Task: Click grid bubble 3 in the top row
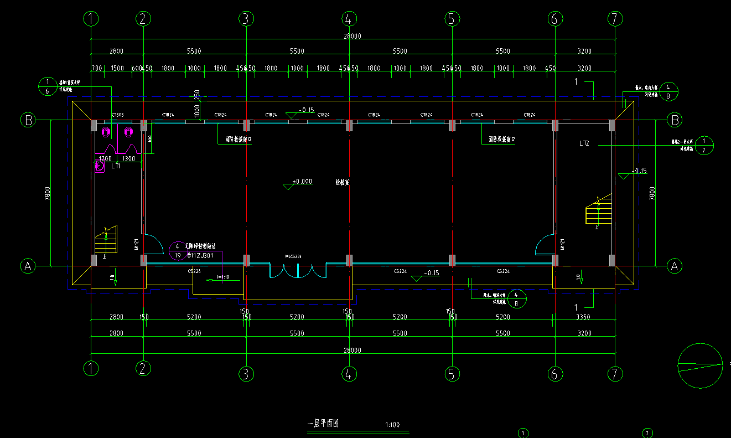[246, 19]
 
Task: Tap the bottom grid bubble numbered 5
[452, 374]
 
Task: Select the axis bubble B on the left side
[28, 120]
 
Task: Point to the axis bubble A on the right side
[674, 266]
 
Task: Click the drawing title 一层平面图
[323, 424]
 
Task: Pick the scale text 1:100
[392, 425]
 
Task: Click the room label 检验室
[342, 182]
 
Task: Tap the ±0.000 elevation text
[302, 181]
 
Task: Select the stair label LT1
[116, 166]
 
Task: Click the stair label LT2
[584, 143]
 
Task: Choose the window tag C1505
[117, 115]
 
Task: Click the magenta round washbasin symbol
[100, 166]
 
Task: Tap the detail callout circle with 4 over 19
[178, 250]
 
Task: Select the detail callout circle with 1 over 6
[47, 86]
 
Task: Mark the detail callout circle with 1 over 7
[704, 145]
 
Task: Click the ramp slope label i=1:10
[222, 277]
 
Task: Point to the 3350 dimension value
[583, 317]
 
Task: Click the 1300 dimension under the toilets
[128, 159]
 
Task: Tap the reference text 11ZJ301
[201, 255]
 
